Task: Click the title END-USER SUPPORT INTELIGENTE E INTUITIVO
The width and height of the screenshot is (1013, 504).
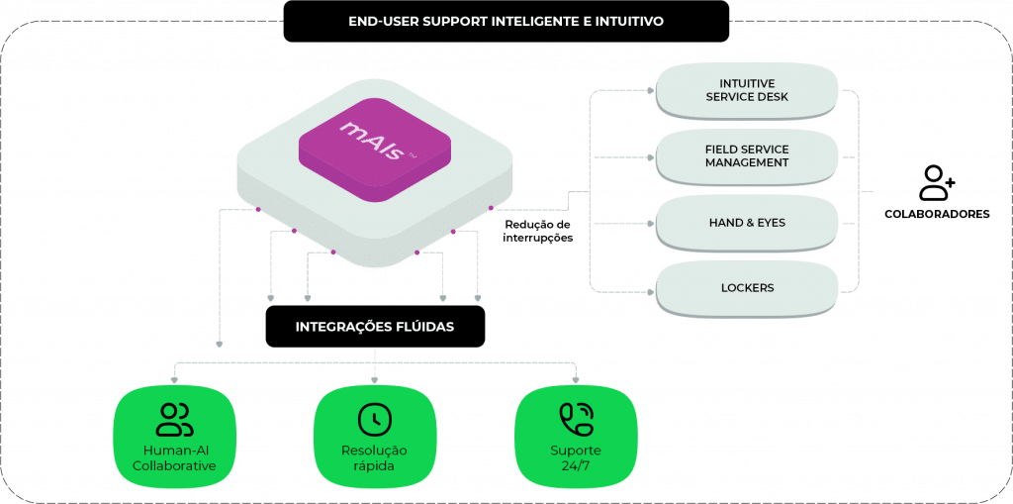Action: [506, 21]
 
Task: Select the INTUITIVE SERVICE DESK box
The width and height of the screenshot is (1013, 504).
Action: [747, 89]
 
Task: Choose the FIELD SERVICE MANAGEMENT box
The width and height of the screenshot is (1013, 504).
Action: [747, 155]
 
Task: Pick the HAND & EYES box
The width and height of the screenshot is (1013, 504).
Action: [747, 223]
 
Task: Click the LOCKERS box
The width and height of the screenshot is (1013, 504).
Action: [747, 288]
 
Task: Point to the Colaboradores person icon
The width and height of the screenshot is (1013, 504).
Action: [935, 182]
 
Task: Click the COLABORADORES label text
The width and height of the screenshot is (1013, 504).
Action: [936, 214]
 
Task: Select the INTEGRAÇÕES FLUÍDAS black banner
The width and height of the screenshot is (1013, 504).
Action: [375, 326]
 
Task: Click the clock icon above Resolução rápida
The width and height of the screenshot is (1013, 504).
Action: [374, 419]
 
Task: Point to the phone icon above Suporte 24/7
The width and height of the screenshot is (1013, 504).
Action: [575, 419]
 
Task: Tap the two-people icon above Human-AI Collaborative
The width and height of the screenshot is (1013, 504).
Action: [174, 419]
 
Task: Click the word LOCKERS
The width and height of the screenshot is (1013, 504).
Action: [747, 288]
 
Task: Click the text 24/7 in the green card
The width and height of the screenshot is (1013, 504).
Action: [575, 465]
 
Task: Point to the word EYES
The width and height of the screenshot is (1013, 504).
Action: [769, 223]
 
